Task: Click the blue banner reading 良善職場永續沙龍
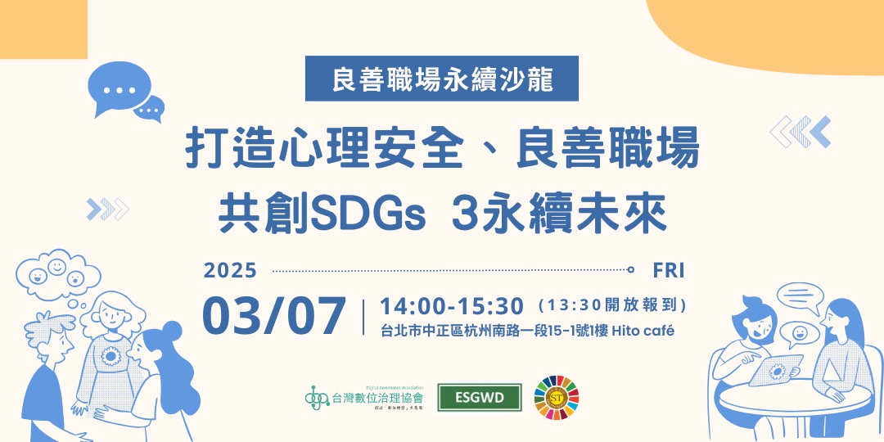[x=442, y=79]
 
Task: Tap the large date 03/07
[x=274, y=316]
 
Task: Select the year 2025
[x=230, y=269]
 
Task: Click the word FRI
[x=669, y=269]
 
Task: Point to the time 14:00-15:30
[x=452, y=306]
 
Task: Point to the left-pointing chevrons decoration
[x=801, y=132]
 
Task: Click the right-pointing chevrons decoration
[x=107, y=210]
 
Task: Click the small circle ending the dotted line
[x=630, y=269]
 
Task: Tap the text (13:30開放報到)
[x=611, y=306]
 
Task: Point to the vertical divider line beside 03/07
[x=363, y=317]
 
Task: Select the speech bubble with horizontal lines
[x=798, y=298]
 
